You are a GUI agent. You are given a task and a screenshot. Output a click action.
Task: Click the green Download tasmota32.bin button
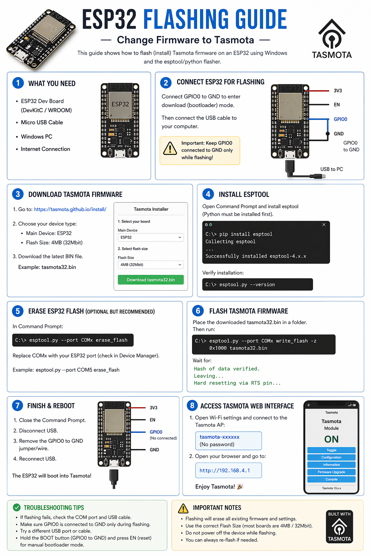[151, 279]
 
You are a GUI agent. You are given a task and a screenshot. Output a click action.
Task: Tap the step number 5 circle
[18, 311]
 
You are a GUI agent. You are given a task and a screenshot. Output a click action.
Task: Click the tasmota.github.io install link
[70, 209]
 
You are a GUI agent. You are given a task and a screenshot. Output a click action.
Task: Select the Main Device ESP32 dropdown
[151, 237]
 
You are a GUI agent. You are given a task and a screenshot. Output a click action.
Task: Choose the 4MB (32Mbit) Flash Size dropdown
[151, 265]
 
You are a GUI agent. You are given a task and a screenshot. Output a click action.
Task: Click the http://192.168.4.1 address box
[228, 470]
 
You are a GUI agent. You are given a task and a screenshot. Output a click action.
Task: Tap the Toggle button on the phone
[331, 450]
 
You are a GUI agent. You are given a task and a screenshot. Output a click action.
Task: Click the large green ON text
[331, 439]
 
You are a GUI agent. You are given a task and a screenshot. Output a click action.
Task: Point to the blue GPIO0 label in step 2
[340, 119]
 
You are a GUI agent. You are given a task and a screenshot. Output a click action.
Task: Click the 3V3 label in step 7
[153, 408]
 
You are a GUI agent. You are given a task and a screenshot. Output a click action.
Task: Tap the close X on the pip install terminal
[324, 224]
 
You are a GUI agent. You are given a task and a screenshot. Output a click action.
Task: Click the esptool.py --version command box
[258, 285]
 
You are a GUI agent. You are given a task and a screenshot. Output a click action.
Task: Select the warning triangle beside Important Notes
[183, 509]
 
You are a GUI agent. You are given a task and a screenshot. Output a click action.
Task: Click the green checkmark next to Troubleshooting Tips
[17, 507]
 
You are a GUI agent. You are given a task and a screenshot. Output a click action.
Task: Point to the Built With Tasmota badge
[339, 526]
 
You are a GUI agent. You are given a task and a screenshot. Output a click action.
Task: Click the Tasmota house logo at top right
[332, 38]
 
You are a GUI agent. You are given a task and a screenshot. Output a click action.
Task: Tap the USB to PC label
[332, 169]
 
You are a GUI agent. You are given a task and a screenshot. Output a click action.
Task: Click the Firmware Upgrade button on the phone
[331, 472]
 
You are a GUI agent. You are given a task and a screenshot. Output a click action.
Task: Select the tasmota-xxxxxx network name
[220, 437]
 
